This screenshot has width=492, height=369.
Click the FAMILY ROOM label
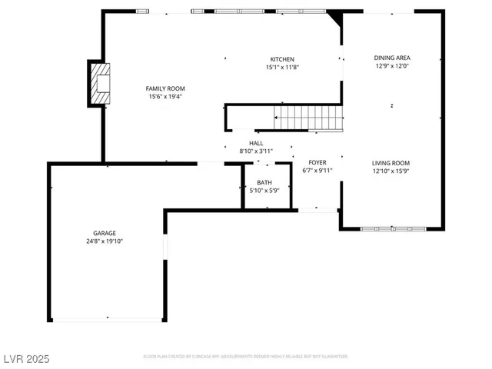tap(165, 88)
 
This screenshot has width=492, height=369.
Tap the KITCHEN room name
tap(281, 59)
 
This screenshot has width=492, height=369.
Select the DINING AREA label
tap(391, 58)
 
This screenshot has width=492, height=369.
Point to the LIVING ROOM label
tap(391, 163)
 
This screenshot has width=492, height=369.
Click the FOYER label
tap(317, 162)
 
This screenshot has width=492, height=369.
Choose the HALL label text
tap(256, 143)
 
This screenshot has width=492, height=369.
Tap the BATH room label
tap(264, 182)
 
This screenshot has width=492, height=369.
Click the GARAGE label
tap(105, 233)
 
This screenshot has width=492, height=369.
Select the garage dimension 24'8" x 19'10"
tap(105, 241)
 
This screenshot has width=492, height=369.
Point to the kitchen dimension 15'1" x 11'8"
tap(281, 68)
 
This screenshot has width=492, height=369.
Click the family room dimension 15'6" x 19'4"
tap(165, 97)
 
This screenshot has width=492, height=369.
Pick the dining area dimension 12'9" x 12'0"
tap(391, 66)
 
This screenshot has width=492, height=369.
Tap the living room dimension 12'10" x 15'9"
tap(391, 171)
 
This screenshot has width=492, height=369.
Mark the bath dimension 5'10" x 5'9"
tap(264, 191)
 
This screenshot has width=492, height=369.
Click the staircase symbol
tap(309, 118)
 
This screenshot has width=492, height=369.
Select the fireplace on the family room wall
tap(99, 83)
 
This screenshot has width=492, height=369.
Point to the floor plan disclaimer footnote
tap(245, 357)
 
